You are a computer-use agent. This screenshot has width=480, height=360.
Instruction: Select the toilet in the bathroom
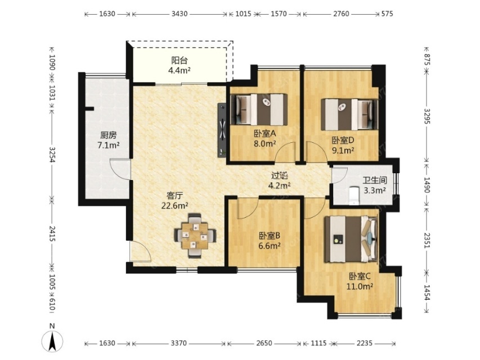click(354, 195)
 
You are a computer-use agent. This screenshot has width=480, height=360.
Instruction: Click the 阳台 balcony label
click(179, 60)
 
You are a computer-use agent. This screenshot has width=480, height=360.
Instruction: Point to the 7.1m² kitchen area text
click(109, 146)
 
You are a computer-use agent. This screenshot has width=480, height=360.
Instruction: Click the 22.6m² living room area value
click(175, 206)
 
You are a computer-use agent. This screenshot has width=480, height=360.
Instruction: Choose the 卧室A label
click(265, 133)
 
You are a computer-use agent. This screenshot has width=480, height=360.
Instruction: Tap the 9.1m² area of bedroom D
click(343, 150)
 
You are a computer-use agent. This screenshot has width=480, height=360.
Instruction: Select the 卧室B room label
click(270, 236)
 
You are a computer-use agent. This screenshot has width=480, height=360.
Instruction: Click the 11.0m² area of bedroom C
click(360, 286)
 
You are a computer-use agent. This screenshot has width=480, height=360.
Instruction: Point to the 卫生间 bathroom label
click(375, 181)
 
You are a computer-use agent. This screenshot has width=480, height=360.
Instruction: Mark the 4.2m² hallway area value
click(279, 186)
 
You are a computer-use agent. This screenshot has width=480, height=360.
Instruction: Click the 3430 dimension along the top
click(180, 13)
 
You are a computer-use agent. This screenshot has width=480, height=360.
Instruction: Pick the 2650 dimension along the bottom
click(264, 343)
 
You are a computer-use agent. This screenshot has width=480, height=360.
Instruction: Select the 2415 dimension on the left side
click(52, 234)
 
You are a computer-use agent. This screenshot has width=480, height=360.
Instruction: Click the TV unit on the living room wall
click(222, 130)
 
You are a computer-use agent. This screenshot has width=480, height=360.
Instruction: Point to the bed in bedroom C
click(351, 239)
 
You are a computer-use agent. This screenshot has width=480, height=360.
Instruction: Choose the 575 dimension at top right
click(387, 13)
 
